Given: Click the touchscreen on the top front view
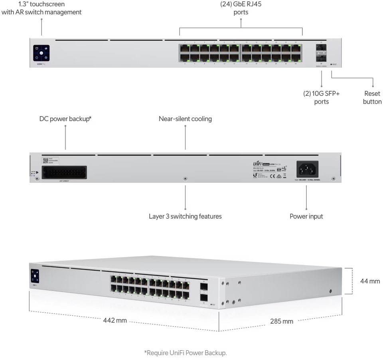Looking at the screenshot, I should coord(41,53).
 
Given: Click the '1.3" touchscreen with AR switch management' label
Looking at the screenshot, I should coord(41,8).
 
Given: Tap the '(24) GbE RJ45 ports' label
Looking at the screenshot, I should coord(241,8).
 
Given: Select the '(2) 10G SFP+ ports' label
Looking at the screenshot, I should coord(321,97).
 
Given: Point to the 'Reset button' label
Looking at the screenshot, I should coord(372,97).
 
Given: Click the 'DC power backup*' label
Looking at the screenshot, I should coord(65,119).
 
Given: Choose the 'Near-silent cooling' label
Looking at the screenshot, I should coord(185,119).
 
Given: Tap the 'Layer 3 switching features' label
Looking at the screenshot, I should coord(185,216).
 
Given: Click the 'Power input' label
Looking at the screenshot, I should coord(306,216).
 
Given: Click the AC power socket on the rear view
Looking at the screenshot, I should coord(307,169).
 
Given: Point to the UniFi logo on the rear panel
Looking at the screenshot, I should coord(259,164).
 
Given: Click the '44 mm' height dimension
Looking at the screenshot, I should coord(370,281).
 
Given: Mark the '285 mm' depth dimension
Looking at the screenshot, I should coord(282,321).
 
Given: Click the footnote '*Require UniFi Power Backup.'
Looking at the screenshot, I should coord(185,353).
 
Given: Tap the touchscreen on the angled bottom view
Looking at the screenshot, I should coord(35,276).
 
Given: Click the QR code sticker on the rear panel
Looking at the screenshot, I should coord(45,160).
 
